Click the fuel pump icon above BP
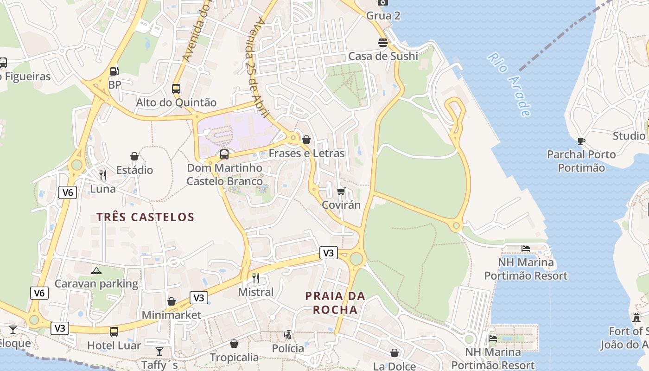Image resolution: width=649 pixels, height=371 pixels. tap(114, 71)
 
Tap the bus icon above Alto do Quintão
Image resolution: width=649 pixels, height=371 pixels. tap(176, 89)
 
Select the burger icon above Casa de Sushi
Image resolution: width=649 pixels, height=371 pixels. tap(383, 43)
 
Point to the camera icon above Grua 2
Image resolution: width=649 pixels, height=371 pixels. tap(382, 2)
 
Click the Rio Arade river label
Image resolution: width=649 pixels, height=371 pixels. tap(509, 84)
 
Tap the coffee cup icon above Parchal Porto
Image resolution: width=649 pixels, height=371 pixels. tap(581, 141)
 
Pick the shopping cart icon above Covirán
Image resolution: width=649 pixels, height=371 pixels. tap(341, 191)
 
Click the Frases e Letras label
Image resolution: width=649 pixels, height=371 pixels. tap(306, 153)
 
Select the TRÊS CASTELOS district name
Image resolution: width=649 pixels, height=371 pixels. tap(145, 217)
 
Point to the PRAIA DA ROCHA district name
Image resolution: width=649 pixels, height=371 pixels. tap(335, 302)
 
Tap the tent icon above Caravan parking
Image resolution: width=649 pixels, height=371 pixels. tap(96, 270)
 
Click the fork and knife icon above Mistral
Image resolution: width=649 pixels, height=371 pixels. tap(255, 278)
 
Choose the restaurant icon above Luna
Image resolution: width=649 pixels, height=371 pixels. tap(103, 175)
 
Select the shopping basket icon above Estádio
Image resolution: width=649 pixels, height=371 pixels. tap(134, 156)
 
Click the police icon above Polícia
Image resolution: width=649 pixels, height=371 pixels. tap(288, 334)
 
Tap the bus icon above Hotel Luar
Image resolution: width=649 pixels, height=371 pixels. tap(114, 332)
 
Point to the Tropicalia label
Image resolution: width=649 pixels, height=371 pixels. tap(234, 358)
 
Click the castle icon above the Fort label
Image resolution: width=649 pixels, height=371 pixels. tap(636, 318)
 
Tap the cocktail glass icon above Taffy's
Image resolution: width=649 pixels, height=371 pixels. tap(159, 352)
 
